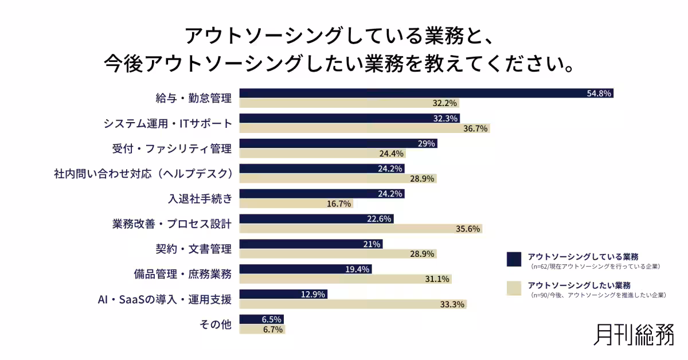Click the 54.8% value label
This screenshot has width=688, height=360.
coord(599,93)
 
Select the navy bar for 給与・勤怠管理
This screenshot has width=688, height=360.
coord(427,93)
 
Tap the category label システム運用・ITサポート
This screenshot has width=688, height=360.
coord(167,123)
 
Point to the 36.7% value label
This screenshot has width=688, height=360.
coord(475,128)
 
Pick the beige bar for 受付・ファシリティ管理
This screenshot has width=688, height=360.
coord(322,153)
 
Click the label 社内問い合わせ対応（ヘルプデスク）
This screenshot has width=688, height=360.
coord(144,174)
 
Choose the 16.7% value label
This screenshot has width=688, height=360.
coord(338,204)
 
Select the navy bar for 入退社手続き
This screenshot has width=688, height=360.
coord(322,194)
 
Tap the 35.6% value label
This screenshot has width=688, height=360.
coord(467,229)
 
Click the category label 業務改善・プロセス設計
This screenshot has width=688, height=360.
coord(171,224)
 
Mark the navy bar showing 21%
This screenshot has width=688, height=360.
coord(311,244)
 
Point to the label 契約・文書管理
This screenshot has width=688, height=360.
coord(194,249)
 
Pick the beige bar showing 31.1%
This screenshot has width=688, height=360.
coord(346,279)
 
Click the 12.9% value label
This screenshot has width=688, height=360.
coord(312,295)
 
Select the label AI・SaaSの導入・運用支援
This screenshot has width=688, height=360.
coord(165,299)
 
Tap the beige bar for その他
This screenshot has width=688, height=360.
coord(263,329)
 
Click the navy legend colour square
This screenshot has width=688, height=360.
coord(514,259)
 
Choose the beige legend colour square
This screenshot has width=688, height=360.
coord(514,288)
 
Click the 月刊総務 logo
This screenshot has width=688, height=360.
coord(634,335)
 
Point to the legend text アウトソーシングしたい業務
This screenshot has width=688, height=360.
coord(579,285)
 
